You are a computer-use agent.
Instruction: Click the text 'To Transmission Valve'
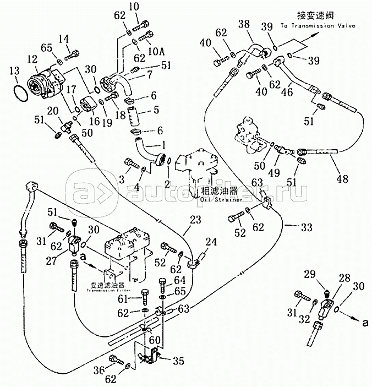click(x=318, y=25)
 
